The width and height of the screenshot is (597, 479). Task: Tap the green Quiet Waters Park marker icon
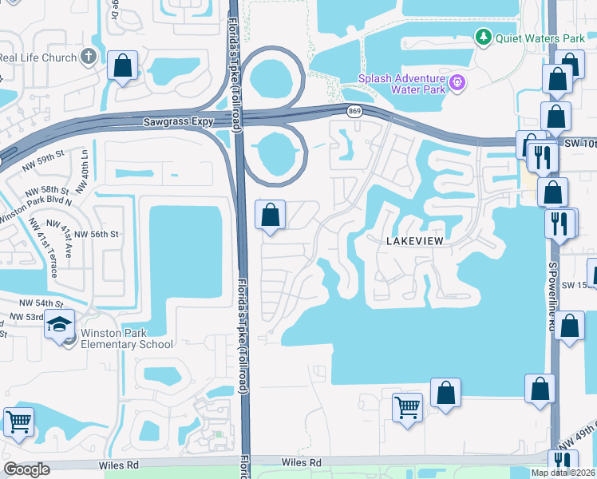pyautogui.click(x=483, y=37)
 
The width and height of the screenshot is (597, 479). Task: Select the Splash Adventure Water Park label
pyautogui.click(x=401, y=83)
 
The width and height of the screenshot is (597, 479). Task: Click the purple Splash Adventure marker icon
pyautogui.click(x=457, y=81)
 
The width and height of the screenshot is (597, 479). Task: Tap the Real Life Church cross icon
pyautogui.click(x=89, y=57)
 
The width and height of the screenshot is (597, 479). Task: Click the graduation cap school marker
pyautogui.click(x=59, y=324)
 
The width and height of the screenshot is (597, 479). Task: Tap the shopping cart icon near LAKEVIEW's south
pyautogui.click(x=407, y=407)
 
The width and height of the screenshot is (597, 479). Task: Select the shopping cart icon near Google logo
pyautogui.click(x=18, y=421)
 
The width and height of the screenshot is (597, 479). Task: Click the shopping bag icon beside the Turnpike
pyautogui.click(x=271, y=215)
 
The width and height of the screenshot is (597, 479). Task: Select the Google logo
pyautogui.click(x=27, y=469)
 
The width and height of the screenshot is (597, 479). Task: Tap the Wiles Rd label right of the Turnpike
pyautogui.click(x=302, y=462)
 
